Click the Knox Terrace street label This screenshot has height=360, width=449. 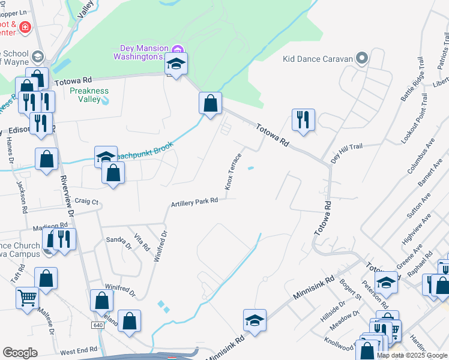233,171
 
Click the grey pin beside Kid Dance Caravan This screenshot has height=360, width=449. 361,58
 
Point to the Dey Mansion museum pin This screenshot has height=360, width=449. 177,49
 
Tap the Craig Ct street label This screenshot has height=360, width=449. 86,202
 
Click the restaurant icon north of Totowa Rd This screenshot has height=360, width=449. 304,119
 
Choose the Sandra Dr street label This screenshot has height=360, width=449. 118,241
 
